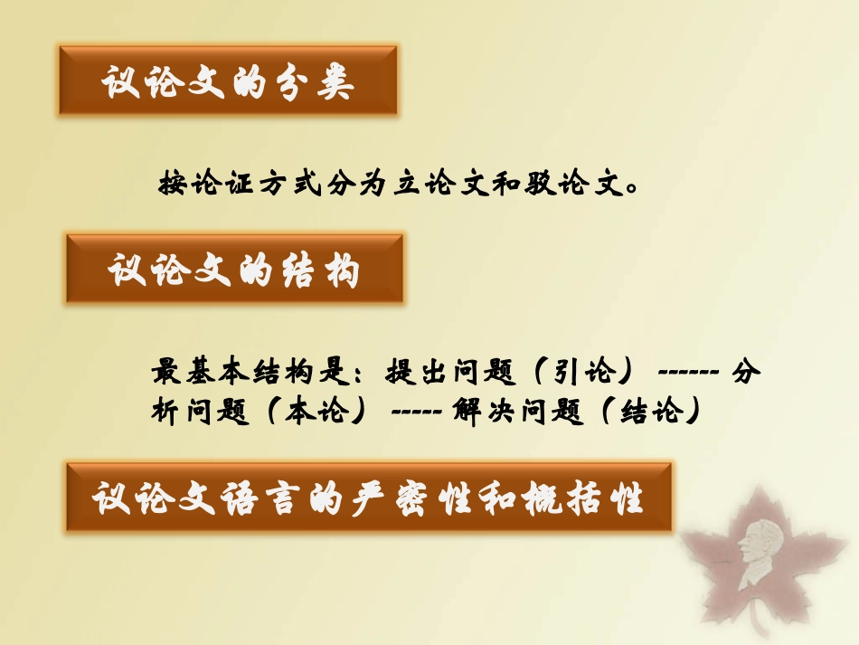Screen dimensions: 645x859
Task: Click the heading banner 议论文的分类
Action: [x=228, y=81]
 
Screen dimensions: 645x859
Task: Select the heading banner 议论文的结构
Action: [x=234, y=269]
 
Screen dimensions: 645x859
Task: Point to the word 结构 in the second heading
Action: [x=324, y=270]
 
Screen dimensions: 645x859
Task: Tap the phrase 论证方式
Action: [x=237, y=185]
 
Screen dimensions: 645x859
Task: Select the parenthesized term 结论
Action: [x=648, y=412]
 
